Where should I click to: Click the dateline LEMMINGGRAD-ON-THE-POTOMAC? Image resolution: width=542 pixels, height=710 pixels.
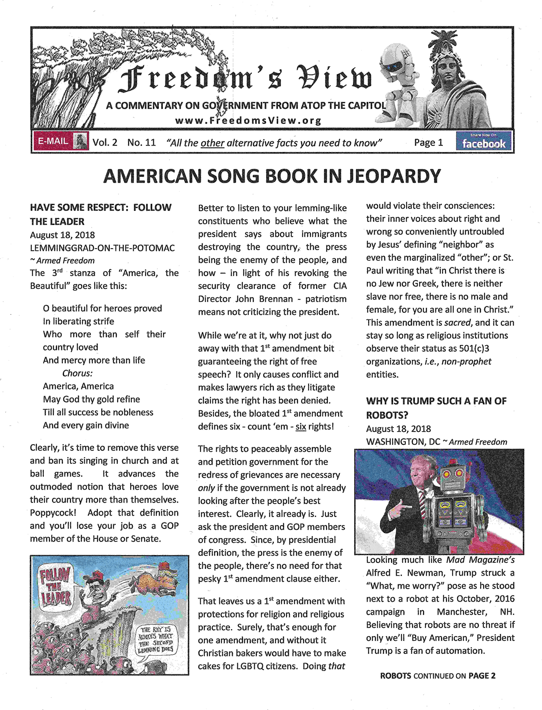point(102,248)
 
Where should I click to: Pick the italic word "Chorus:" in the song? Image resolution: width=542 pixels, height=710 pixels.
point(77,373)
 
